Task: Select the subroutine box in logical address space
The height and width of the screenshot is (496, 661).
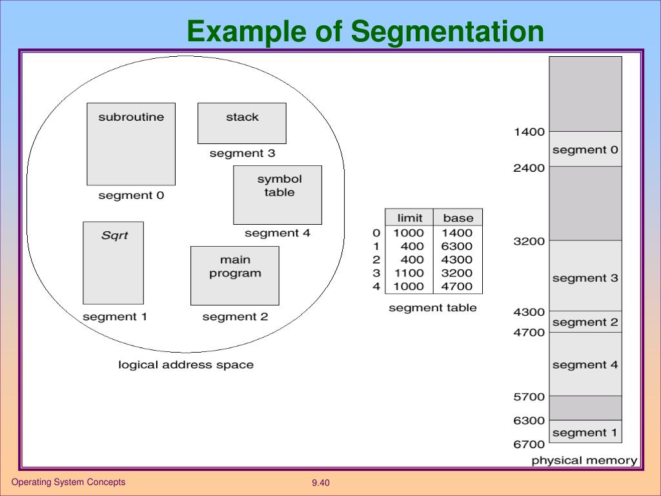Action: point(131,144)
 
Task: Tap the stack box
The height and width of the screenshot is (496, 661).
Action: point(242,123)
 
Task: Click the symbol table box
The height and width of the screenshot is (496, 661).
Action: point(278,194)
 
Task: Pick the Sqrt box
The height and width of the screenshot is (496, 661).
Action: point(114,263)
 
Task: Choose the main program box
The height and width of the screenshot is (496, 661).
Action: point(235,275)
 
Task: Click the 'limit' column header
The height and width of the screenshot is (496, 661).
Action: point(409,218)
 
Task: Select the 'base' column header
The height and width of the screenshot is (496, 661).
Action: point(458,218)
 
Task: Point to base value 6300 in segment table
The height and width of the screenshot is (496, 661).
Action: point(457,246)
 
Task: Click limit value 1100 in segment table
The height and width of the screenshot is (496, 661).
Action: point(409,273)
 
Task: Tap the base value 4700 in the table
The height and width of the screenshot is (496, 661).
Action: point(457,286)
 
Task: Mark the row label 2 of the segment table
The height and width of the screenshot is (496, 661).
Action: point(376,260)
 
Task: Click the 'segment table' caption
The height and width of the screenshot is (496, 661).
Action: point(432,308)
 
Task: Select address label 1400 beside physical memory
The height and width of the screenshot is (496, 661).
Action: point(529,132)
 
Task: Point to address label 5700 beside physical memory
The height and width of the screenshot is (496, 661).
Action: point(529,397)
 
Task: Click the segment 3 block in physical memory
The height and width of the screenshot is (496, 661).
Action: point(585,278)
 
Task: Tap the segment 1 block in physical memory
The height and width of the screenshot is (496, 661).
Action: point(585,432)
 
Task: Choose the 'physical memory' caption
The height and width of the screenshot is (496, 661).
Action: point(584,460)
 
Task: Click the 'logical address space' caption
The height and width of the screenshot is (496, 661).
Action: point(186,365)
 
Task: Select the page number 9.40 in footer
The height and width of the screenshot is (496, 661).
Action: point(321,483)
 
